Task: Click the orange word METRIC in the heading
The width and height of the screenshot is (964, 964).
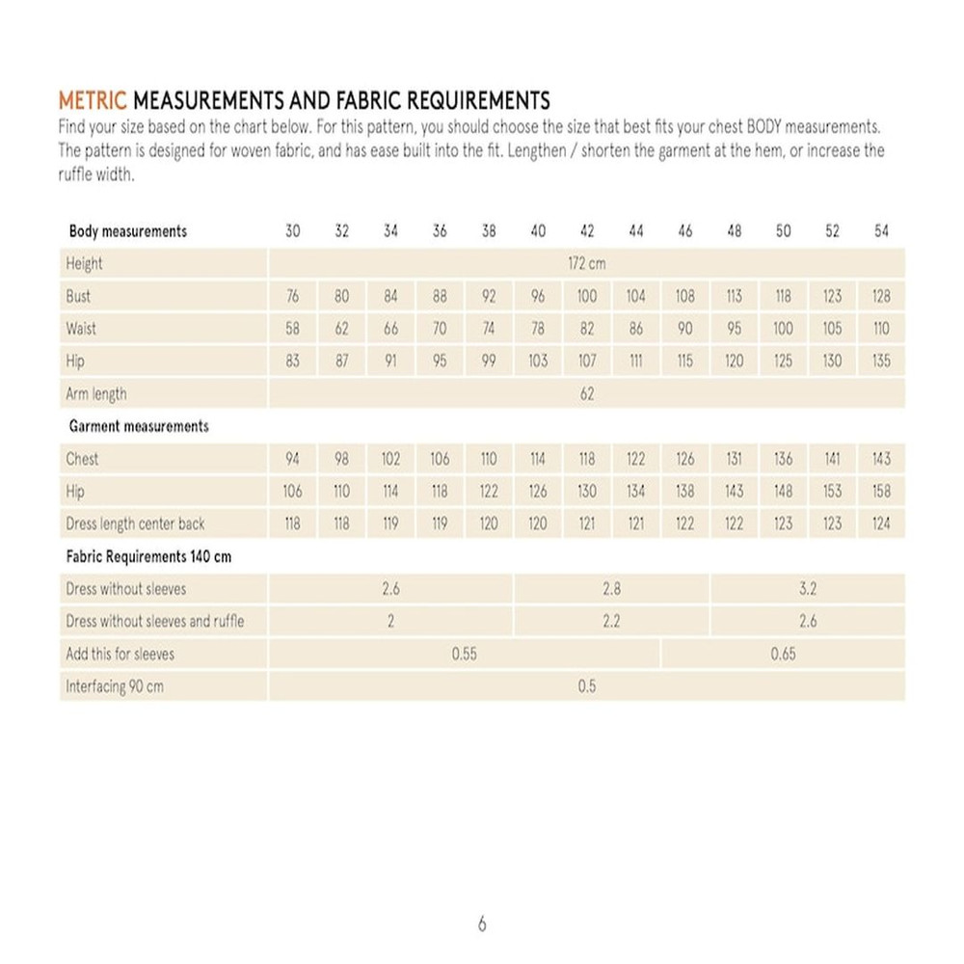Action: (x=93, y=100)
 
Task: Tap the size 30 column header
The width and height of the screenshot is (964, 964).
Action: (x=293, y=231)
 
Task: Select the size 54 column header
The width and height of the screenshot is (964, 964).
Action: (x=881, y=231)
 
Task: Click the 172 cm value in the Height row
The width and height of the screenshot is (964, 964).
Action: (x=587, y=263)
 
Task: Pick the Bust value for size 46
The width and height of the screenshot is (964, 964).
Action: (x=685, y=296)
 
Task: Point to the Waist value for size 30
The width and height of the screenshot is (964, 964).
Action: (x=293, y=329)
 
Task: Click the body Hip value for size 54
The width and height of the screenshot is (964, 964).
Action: (x=881, y=361)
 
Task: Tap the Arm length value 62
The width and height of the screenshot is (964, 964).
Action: (x=587, y=394)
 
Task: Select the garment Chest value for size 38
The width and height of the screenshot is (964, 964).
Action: (x=489, y=459)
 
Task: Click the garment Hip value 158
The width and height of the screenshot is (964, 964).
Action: (x=881, y=492)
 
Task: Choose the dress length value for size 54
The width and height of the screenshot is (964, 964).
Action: (x=881, y=524)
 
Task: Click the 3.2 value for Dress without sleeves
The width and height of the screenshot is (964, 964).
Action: (x=808, y=589)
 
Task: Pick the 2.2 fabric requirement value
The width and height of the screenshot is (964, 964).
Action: (x=611, y=622)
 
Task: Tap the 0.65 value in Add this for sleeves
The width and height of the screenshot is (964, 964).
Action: (x=784, y=654)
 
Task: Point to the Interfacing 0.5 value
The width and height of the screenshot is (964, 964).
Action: (x=587, y=686)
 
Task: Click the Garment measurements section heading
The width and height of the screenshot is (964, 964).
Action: (x=139, y=426)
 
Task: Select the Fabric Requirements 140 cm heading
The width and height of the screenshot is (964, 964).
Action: (x=149, y=557)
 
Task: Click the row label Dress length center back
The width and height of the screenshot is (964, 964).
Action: (x=135, y=524)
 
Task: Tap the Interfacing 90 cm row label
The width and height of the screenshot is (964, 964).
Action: (x=114, y=687)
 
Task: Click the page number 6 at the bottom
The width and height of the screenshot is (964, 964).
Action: (x=482, y=924)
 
